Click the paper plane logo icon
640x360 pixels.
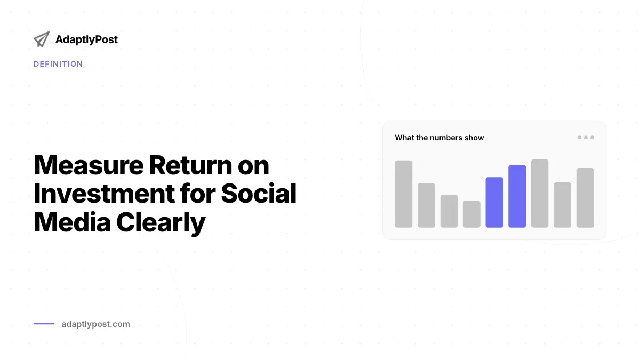(x=42, y=39)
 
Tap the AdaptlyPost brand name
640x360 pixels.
(x=86, y=39)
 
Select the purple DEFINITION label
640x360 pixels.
(x=58, y=64)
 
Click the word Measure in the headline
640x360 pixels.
(x=89, y=165)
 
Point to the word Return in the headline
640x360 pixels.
(x=190, y=165)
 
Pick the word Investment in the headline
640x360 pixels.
(x=105, y=194)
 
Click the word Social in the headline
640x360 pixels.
(x=259, y=194)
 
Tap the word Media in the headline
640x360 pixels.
(x=72, y=222)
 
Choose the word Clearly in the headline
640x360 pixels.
(x=161, y=223)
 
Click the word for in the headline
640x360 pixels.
(x=198, y=193)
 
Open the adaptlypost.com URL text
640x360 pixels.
(x=95, y=324)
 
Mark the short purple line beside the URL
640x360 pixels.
(x=44, y=324)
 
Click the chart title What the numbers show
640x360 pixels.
(x=439, y=138)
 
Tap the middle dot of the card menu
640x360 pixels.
(x=586, y=138)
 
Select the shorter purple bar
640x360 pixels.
(x=494, y=202)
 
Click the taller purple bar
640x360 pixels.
(x=517, y=196)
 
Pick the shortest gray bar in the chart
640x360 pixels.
(x=471, y=214)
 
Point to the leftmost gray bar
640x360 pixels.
(x=403, y=194)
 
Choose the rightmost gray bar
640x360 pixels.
(x=585, y=198)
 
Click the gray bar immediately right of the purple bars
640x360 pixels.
(x=540, y=194)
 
